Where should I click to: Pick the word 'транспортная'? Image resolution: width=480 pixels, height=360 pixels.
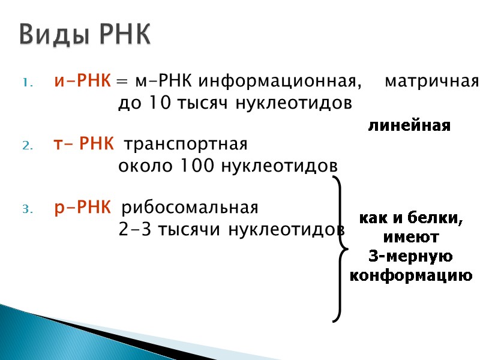click(x=186, y=145)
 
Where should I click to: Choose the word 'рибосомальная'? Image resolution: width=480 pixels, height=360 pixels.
click(x=190, y=208)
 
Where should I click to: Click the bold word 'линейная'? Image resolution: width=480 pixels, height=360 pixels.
click(x=409, y=127)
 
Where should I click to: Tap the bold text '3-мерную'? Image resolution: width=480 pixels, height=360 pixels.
click(x=411, y=257)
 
